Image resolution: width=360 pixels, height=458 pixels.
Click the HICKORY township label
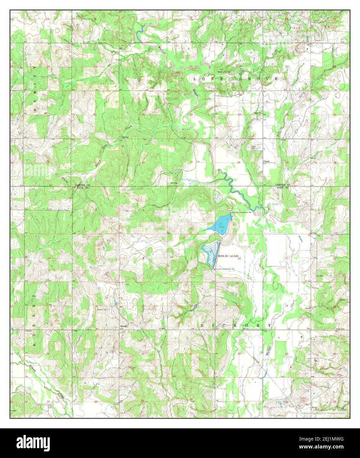pos(236,325)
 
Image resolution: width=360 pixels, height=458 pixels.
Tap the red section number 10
pos(239,259)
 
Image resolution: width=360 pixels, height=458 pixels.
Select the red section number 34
pos(238,162)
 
